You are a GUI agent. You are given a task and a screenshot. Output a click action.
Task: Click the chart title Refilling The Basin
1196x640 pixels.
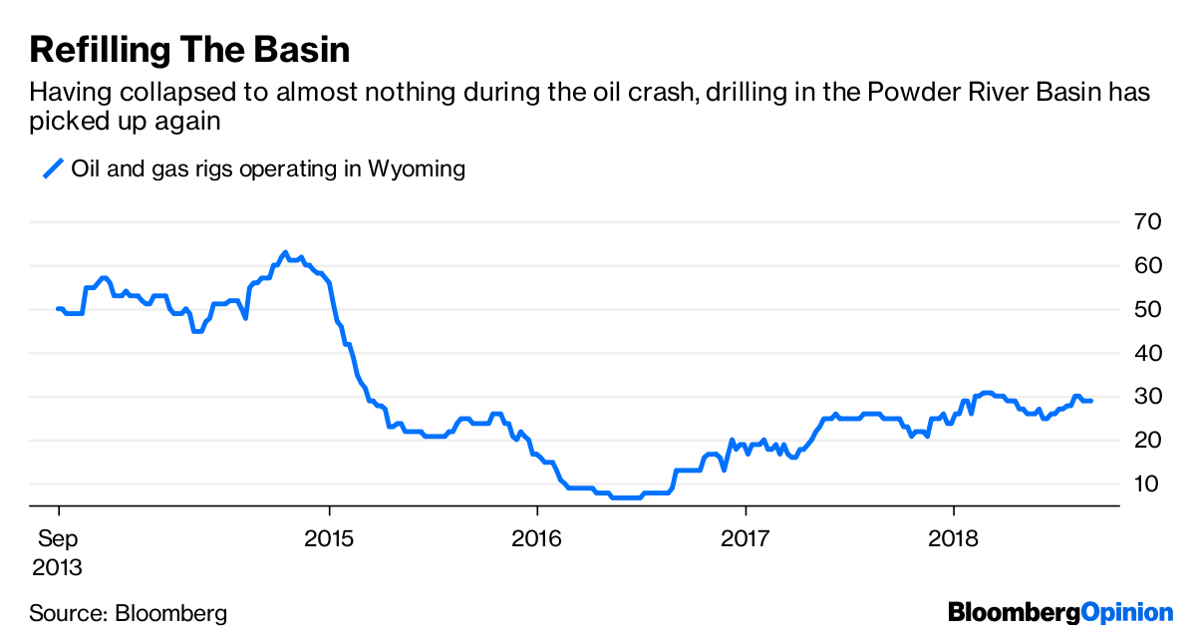pos(189,48)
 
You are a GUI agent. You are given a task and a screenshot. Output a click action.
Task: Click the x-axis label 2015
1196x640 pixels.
pos(328,540)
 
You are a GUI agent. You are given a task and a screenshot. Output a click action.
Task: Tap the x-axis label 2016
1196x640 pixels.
pos(536,540)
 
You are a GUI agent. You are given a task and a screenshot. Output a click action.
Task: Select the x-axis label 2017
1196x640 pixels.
pos(745,540)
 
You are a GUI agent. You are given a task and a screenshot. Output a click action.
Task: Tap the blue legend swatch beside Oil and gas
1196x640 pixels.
pos(52,168)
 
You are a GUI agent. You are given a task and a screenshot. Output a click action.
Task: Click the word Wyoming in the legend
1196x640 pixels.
pos(416,168)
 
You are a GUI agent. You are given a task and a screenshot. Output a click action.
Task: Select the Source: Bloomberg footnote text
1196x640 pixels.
pos(128,612)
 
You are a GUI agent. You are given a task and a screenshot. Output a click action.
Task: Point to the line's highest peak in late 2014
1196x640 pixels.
pos(285,252)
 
